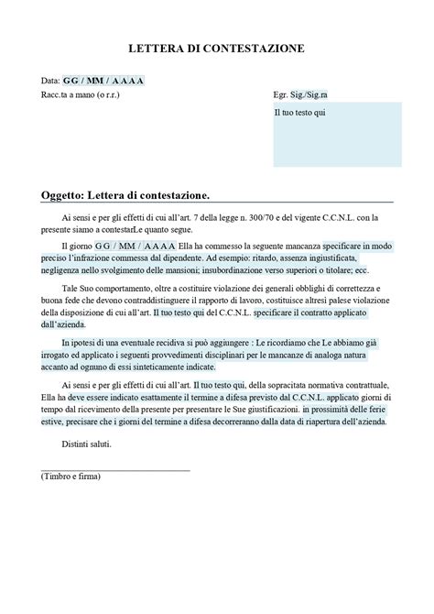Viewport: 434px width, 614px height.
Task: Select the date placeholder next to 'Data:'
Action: click(103, 81)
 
